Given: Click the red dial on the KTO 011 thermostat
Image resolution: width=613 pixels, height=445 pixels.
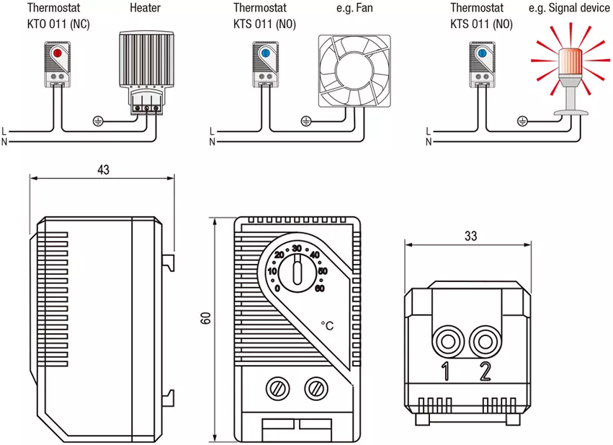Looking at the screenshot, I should (x=57, y=53).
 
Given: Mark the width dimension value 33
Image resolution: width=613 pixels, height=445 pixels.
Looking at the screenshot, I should (x=470, y=236).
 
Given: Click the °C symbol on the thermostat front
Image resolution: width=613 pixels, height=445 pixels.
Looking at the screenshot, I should (x=327, y=326).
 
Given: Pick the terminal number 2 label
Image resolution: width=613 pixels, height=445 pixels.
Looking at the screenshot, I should (x=486, y=372).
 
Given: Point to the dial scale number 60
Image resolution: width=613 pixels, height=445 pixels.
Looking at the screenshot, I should (x=319, y=288).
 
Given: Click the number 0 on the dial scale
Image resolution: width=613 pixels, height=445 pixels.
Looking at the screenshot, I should (x=277, y=288).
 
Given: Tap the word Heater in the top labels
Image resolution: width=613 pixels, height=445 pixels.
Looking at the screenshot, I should (x=146, y=8).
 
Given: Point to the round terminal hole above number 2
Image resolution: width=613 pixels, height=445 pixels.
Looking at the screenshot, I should (x=485, y=338).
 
